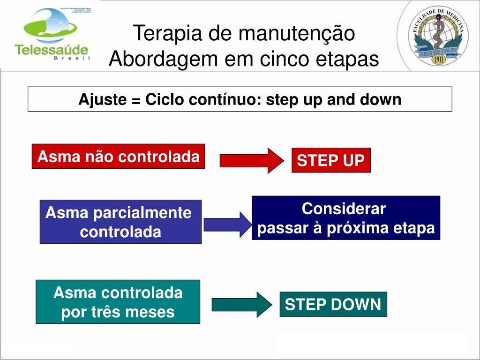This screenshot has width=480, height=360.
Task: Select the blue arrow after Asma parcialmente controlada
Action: (x=228, y=225)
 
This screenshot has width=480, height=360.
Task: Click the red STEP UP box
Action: (x=331, y=160)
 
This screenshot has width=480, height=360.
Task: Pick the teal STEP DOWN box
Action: (x=333, y=305)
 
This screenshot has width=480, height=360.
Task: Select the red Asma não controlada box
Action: (x=118, y=156)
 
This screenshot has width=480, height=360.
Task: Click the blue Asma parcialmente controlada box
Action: (x=120, y=222)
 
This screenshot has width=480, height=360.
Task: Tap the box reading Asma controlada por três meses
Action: (x=118, y=302)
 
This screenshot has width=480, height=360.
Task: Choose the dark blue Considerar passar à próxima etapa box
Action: (x=346, y=218)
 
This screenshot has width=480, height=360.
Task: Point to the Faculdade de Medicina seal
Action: (x=439, y=36)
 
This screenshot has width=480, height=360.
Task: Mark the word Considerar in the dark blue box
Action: (x=344, y=209)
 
